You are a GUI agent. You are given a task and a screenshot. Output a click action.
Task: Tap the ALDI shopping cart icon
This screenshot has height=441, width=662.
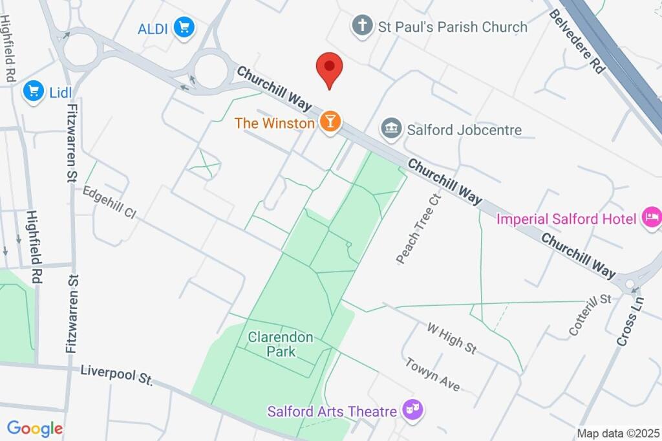click(184, 28)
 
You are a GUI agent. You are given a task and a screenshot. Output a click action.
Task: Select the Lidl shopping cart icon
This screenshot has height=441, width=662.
click(33, 91)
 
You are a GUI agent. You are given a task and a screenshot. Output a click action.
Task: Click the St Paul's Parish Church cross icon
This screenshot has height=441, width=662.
click(362, 27)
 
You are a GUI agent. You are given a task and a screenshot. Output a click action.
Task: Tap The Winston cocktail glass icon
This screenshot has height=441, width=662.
click(330, 122)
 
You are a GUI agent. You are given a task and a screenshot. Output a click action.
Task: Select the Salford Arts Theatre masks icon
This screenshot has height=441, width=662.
click(411, 409)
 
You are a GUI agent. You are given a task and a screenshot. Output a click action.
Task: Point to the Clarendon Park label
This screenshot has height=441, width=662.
click(281, 345)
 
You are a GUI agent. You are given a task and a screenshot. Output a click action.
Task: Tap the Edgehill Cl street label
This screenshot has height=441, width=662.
click(110, 203)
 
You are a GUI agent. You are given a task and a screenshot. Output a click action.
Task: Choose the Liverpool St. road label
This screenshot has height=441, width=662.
click(116, 375)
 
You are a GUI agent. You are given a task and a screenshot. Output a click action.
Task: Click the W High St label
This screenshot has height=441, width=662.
click(452, 338)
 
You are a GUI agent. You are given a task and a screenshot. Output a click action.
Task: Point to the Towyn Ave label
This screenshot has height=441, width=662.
click(432, 374)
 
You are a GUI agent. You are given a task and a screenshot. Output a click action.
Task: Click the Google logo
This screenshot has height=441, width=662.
click(35, 428)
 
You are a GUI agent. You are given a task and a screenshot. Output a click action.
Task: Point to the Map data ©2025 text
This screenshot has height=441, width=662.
click(617, 433)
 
